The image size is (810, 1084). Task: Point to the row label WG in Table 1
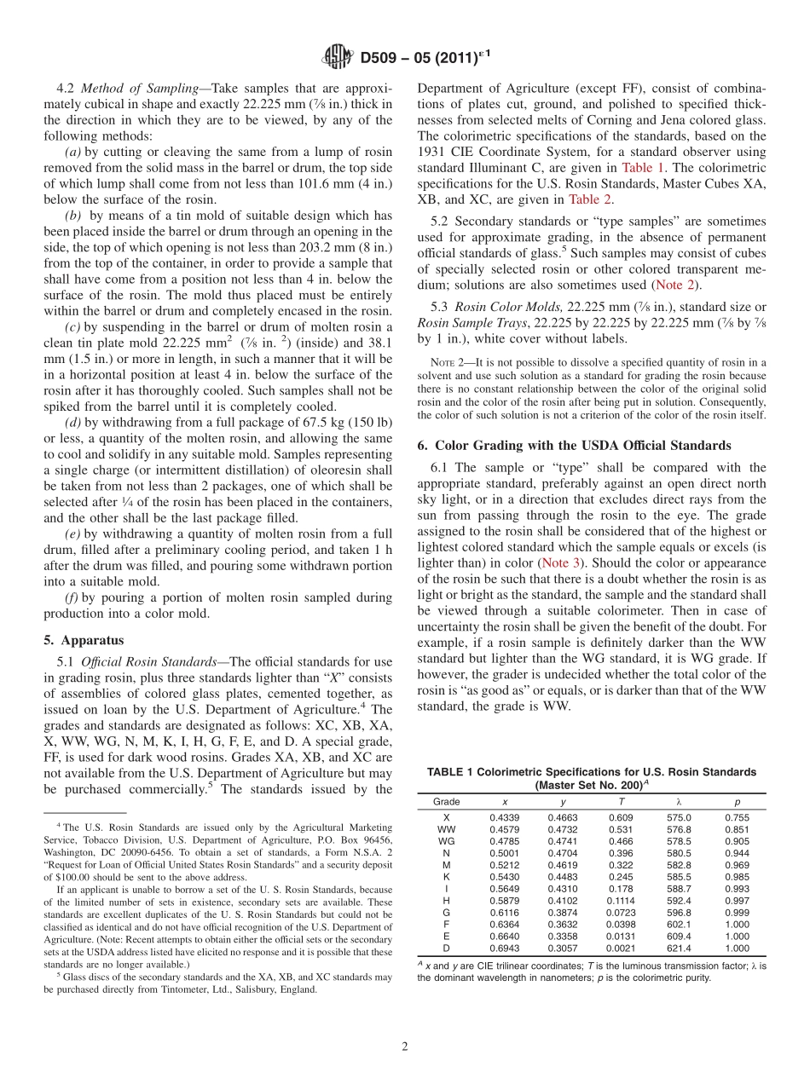point(446,841)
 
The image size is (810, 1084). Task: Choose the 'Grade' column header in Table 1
point(446,802)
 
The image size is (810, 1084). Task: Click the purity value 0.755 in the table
point(737,817)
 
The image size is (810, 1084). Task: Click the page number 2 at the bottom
point(405,1046)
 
